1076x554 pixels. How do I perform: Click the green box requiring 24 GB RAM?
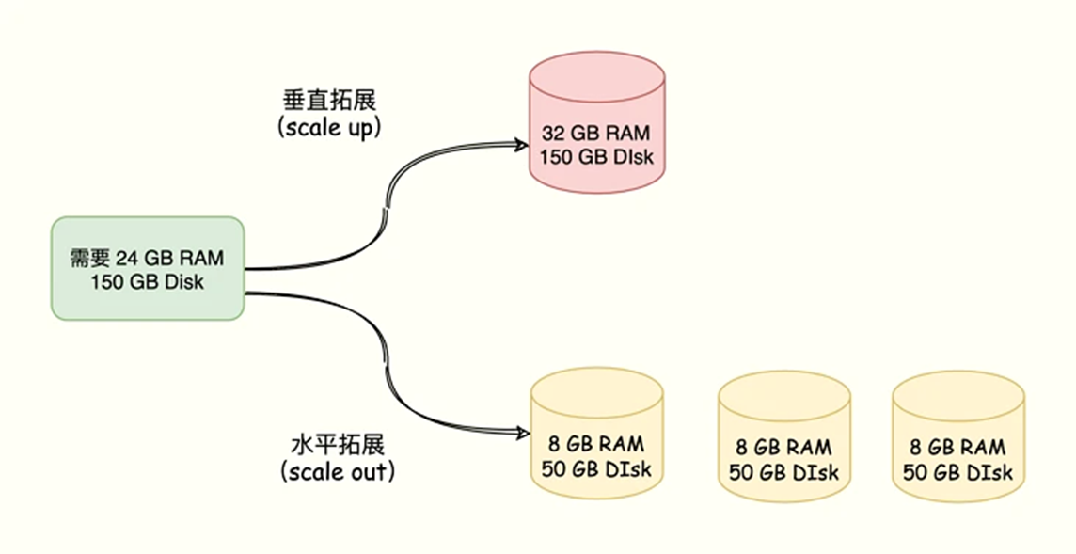point(148,268)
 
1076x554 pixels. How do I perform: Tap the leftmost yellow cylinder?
point(596,434)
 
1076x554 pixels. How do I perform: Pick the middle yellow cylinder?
point(784,436)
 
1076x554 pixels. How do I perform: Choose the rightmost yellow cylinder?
point(958,436)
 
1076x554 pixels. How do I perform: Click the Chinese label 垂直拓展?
point(330,101)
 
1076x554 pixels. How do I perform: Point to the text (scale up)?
point(329,128)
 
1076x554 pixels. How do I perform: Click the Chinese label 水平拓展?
point(338,445)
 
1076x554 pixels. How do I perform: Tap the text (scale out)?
point(338,471)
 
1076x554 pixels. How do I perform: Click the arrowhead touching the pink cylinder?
point(520,144)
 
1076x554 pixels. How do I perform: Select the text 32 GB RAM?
point(596,133)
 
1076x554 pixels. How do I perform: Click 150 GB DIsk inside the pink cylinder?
point(596,156)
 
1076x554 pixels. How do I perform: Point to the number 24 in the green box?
point(127,258)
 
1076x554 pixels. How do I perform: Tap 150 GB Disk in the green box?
point(148,281)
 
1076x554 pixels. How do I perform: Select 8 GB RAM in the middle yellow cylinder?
point(784,448)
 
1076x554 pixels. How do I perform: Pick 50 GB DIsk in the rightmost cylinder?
point(958,472)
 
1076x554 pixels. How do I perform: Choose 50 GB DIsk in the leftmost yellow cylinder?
point(596,468)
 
